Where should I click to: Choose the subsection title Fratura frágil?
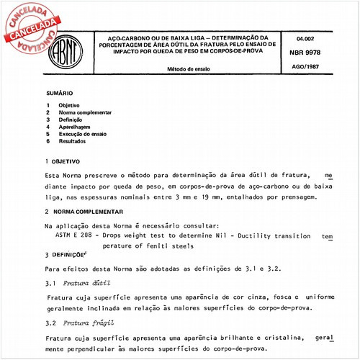(81, 324)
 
